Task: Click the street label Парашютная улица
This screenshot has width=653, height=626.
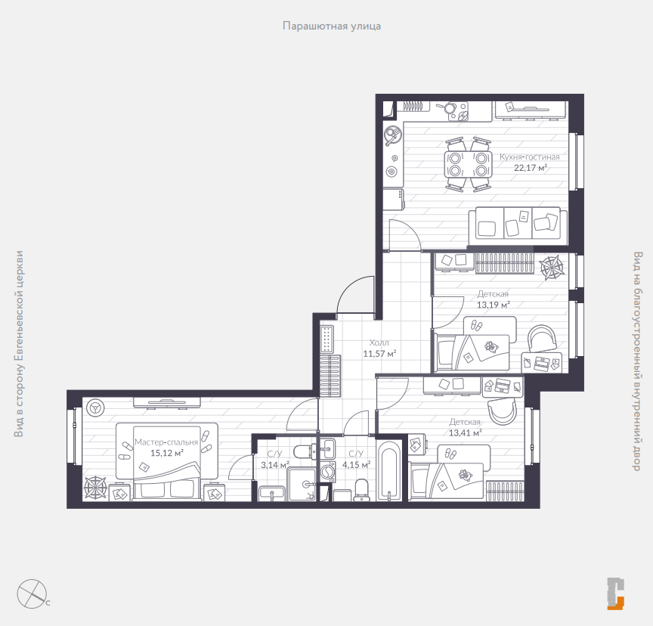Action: [332, 26]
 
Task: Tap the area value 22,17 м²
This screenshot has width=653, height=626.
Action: [530, 168]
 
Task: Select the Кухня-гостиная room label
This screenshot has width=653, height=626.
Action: [529, 157]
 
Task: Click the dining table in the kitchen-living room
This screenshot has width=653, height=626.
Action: [468, 164]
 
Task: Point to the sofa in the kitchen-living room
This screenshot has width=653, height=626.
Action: [518, 226]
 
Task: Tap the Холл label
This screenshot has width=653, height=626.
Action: [379, 342]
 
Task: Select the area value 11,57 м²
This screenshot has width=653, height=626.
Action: [379, 354]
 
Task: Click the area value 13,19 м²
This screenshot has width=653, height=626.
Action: [493, 305]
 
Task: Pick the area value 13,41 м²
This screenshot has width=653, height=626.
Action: [465, 432]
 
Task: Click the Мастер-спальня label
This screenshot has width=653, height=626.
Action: [166, 442]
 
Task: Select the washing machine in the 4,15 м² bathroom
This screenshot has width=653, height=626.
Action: [328, 472]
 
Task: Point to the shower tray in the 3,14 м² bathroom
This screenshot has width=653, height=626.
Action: [302, 484]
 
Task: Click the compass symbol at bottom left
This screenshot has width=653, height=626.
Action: [32, 593]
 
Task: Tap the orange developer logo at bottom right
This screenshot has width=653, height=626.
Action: [615, 593]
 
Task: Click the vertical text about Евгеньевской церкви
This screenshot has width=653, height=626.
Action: [19, 343]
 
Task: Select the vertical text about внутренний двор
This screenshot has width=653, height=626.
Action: [637, 361]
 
